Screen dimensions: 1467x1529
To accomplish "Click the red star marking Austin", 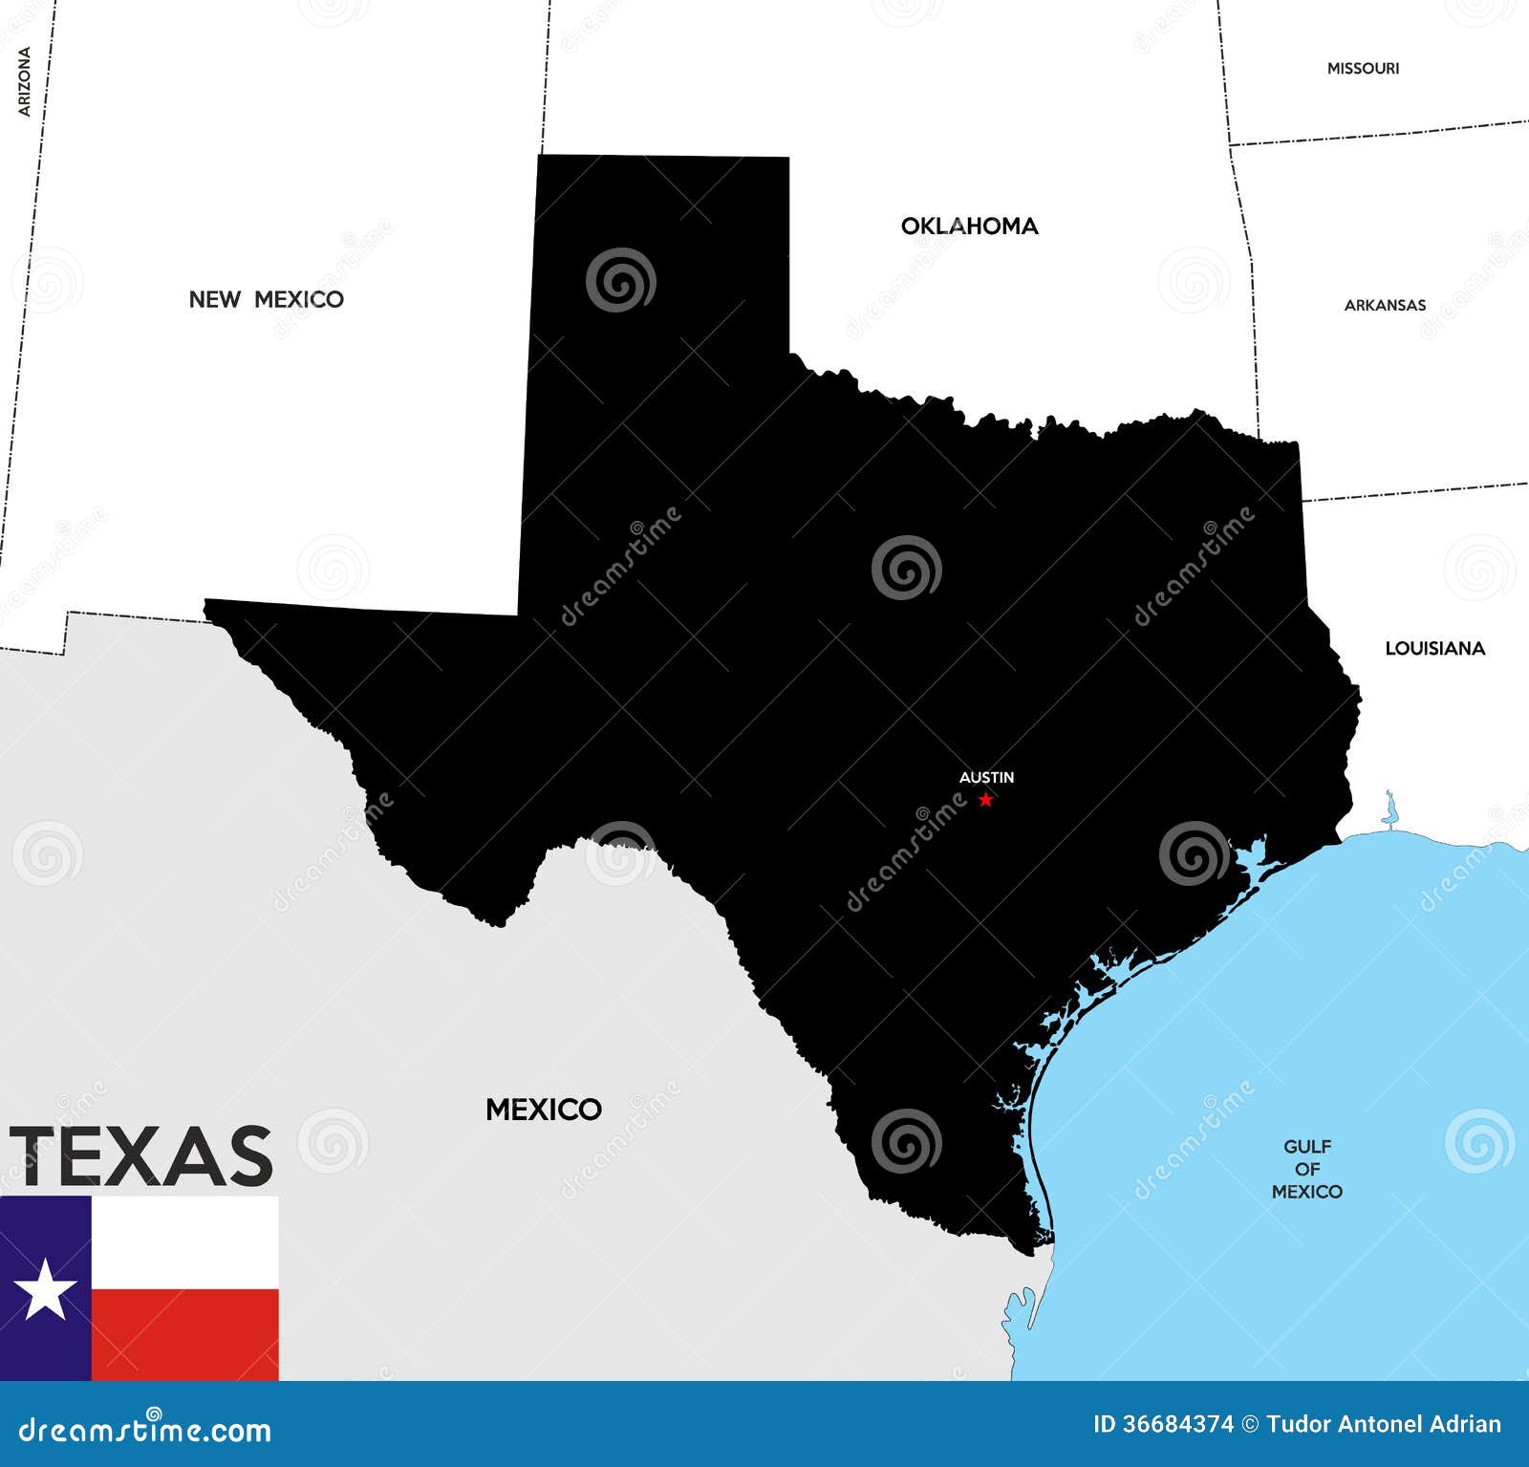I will pyautogui.click(x=985, y=800).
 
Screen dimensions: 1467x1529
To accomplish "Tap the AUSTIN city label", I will pyautogui.click(x=986, y=778).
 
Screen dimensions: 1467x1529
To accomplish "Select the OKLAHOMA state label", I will pyautogui.click(x=969, y=227).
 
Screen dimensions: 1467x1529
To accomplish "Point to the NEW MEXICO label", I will pyautogui.click(x=266, y=299).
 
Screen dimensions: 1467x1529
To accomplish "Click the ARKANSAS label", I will pyautogui.click(x=1385, y=306).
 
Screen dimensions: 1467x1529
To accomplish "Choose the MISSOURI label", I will pyautogui.click(x=1363, y=69).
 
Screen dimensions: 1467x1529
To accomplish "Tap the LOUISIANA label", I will pyautogui.click(x=1434, y=649).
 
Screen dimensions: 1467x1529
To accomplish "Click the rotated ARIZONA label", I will pyautogui.click(x=25, y=82).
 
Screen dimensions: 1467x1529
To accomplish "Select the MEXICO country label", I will pyautogui.click(x=543, y=1110).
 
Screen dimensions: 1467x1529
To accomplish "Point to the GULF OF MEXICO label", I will pyautogui.click(x=1306, y=1169).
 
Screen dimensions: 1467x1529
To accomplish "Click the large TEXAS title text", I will pyautogui.click(x=141, y=1156).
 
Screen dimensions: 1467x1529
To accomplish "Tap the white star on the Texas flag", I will pyautogui.click(x=44, y=1289).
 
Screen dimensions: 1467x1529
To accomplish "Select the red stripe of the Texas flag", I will pyautogui.click(x=184, y=1334).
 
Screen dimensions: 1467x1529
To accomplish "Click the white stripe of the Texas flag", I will pyautogui.click(x=184, y=1242).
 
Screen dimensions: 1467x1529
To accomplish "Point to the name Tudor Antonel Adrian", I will pyautogui.click(x=1384, y=1425).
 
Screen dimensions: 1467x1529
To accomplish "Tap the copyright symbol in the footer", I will pyautogui.click(x=1250, y=1425).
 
